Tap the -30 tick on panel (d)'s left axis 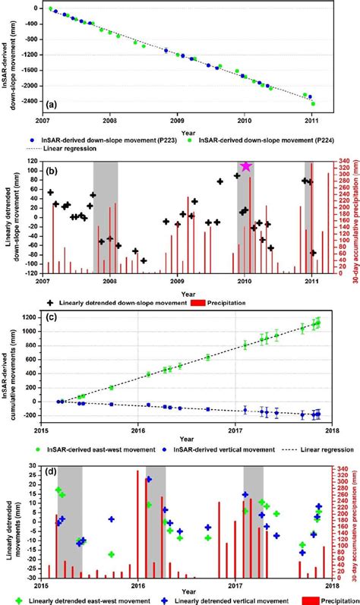point(30,578)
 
